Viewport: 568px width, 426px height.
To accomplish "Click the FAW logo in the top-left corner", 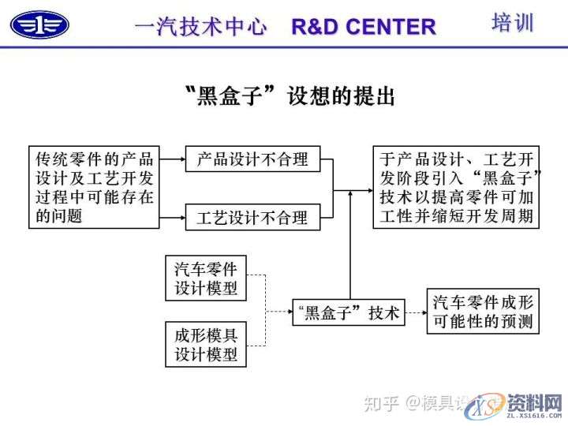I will (x=39, y=24).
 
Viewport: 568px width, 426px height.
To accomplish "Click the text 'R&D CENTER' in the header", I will (x=364, y=27).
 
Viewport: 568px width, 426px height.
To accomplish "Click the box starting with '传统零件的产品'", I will (x=94, y=187).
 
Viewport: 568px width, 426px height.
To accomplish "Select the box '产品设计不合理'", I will (x=252, y=159).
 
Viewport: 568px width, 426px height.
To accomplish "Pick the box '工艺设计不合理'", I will (x=252, y=217).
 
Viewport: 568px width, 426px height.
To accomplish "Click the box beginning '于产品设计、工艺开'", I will (x=456, y=187).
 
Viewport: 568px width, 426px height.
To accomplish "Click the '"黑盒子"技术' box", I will (x=347, y=313).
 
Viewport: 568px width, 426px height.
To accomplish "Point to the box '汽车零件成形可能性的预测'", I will (x=483, y=311).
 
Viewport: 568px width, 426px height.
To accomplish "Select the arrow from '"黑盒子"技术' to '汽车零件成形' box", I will (x=415, y=313).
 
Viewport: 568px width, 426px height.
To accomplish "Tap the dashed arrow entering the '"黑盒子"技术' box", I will (x=280, y=313).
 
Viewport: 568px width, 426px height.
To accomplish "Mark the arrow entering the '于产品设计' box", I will (x=359, y=190).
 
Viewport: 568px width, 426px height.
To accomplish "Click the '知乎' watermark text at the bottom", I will (x=379, y=403).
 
